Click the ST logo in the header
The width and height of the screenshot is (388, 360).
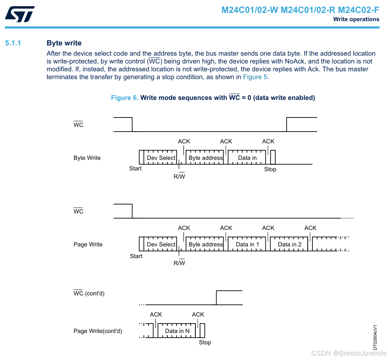20,14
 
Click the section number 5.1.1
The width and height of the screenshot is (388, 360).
13,43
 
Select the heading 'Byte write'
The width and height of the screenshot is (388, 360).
64,43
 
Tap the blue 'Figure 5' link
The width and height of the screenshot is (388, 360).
255,77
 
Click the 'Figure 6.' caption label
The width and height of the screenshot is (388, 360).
125,98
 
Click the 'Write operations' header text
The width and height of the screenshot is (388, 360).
356,19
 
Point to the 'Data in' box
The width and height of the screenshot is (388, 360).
247,158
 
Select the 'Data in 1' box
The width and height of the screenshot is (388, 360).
247,244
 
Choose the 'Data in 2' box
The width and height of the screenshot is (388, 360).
290,244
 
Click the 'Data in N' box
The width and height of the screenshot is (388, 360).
177,331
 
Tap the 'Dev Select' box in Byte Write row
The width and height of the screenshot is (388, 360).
161,158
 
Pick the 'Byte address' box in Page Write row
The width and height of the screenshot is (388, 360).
206,244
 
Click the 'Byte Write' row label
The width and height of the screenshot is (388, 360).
87,158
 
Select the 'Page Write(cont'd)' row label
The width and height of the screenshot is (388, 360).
97,331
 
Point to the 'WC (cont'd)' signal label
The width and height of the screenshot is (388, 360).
89,293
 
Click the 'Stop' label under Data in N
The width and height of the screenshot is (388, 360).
205,342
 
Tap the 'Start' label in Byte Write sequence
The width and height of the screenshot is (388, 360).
135,168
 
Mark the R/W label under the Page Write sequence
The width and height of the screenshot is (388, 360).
179,263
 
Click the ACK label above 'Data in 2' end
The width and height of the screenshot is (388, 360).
310,228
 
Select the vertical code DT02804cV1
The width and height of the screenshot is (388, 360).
375,337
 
